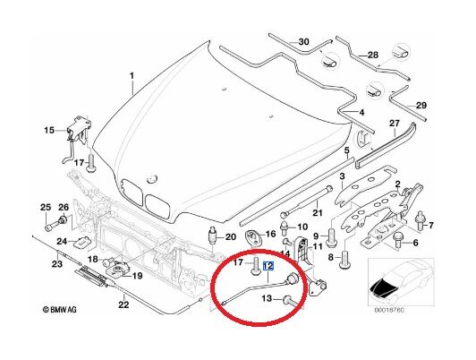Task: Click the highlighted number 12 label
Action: tap(268, 266)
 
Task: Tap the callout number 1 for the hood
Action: tap(132, 75)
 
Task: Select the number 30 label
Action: tap(303, 41)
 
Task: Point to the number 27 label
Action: tap(395, 124)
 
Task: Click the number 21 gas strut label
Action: tap(318, 212)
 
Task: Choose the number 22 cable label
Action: tap(123, 304)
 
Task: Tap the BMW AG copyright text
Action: tap(59, 310)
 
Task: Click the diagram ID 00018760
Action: tap(389, 310)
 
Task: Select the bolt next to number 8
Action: tap(344, 260)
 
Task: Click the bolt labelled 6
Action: tap(397, 241)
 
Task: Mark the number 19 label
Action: tap(137, 276)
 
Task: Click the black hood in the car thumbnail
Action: tap(382, 287)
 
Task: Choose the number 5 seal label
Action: tap(346, 150)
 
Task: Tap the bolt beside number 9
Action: tap(331, 237)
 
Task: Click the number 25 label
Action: tap(46, 208)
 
